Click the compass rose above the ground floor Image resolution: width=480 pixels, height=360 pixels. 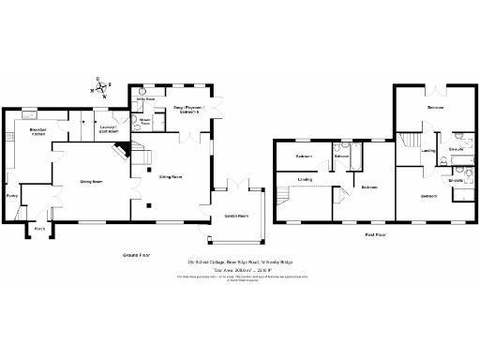click(100, 88)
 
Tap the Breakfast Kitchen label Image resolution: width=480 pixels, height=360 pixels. click(37, 132)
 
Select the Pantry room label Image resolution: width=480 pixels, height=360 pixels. click(11, 196)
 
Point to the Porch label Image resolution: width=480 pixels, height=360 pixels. click(40, 228)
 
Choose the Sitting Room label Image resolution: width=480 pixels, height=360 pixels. click(170, 176)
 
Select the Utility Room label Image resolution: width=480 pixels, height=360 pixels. click(145, 98)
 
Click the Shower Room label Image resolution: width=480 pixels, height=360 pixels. click(145, 121)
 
